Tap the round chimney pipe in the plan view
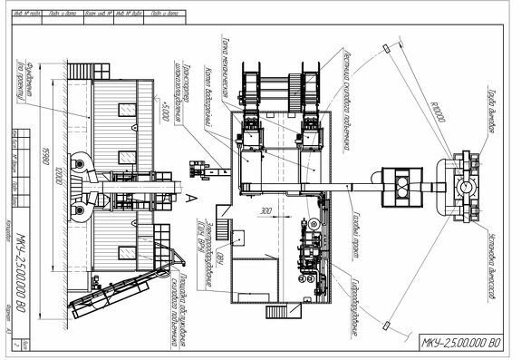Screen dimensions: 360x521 pos(466,187)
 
